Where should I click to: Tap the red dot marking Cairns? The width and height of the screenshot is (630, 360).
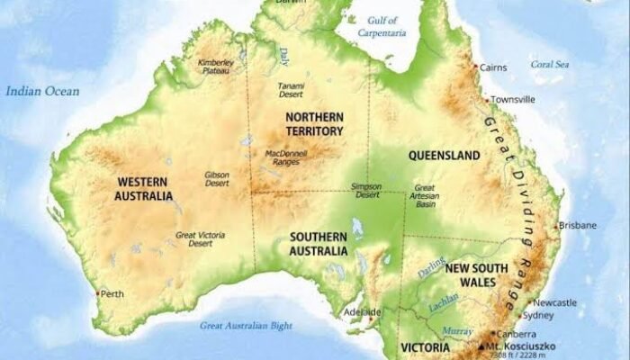[476, 67]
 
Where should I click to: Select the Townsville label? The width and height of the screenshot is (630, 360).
[514, 99]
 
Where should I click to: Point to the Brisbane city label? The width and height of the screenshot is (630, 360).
[577, 225]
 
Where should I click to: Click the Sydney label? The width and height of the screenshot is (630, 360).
[539, 316]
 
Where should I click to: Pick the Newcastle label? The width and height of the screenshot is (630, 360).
[554, 303]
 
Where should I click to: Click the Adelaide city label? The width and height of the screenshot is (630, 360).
[363, 312]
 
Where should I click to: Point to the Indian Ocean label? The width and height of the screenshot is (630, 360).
[42, 91]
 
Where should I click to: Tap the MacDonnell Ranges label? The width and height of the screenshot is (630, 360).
[287, 158]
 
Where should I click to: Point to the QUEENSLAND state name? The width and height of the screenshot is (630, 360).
[444, 156]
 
